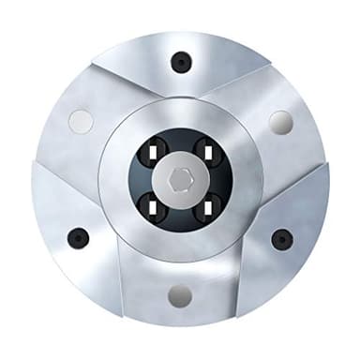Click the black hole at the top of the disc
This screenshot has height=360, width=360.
click(180, 63)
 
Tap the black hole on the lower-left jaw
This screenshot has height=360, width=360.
click(79, 238)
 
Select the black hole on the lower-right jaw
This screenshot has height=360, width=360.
click(281, 238)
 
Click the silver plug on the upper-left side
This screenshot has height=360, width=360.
click(82, 121)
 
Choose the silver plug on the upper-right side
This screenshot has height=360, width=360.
click(279, 121)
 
